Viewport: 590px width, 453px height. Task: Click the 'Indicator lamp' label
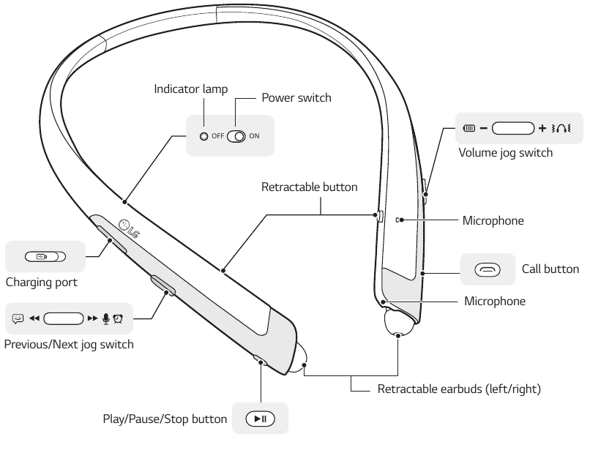pos(190,89)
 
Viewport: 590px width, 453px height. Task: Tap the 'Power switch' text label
pos(296,97)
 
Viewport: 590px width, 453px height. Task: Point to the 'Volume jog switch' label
pos(505,153)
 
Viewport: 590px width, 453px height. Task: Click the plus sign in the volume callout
pos(542,129)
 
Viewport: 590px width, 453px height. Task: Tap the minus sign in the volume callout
pos(484,129)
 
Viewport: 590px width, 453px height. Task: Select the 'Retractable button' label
pos(309,187)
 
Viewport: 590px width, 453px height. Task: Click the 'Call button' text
pos(550,269)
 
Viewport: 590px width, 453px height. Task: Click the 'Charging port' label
pos(41,282)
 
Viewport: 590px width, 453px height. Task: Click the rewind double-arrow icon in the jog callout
pos(34,318)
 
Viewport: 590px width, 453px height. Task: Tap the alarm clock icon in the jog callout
pos(118,318)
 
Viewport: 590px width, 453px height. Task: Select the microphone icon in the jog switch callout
pos(105,318)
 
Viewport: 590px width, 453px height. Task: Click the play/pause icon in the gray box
pos(260,419)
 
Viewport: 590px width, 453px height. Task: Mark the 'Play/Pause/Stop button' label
pos(165,419)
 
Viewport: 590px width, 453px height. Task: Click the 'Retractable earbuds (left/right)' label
pos(459,389)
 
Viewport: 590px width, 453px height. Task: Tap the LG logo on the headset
pos(129,228)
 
